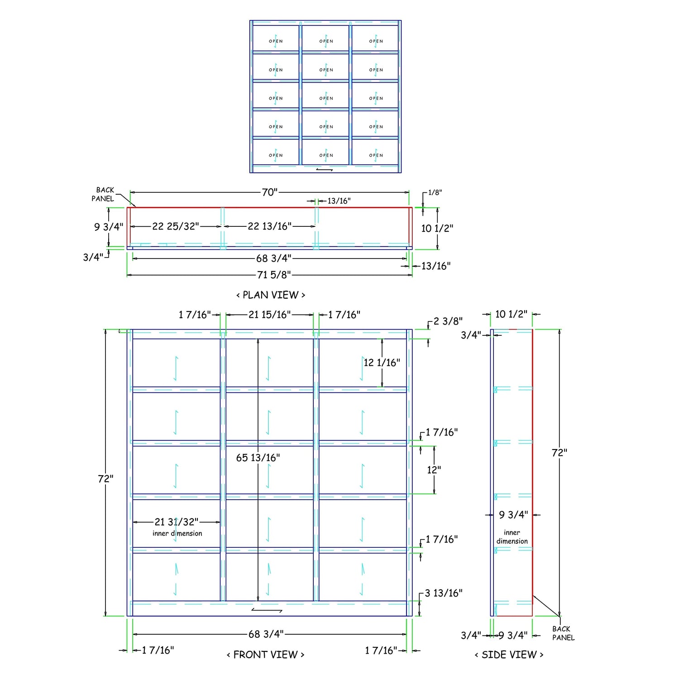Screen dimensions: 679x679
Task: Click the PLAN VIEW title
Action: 271,295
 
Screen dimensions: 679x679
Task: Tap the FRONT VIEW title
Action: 265,655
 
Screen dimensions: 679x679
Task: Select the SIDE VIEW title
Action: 509,655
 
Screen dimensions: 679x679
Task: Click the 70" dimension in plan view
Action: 269,192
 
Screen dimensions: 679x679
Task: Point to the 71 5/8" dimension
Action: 274,275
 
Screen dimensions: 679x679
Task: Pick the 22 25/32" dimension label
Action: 176,226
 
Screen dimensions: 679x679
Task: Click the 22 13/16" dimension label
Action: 270,226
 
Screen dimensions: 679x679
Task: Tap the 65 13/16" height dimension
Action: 258,458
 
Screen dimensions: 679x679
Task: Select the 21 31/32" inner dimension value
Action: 177,522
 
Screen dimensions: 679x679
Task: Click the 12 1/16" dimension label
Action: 382,363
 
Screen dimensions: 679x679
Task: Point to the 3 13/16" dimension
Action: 444,593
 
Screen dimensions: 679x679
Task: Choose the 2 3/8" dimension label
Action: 448,321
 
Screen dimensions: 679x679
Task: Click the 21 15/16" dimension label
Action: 270,315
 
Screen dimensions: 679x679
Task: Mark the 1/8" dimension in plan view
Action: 435,192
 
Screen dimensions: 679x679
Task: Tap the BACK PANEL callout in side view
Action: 563,633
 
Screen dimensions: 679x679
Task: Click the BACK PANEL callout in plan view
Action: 103,194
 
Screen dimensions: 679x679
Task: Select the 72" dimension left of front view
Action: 105,478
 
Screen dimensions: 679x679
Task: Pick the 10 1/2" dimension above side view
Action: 511,314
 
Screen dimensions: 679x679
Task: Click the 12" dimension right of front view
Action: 434,470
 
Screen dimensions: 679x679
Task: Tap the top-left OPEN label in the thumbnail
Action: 276,41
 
